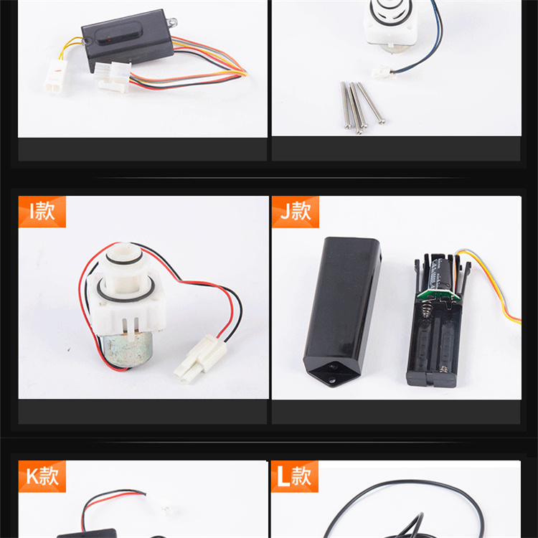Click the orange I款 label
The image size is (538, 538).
pos(42,212)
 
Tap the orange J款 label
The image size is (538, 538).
pos(296,212)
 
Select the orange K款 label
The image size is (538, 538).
pos(42,476)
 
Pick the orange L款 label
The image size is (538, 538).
pos(295,476)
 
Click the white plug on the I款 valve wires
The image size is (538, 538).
pos(201,359)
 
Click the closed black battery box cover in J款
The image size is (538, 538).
pos(341,311)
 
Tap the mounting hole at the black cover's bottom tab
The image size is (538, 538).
pos(332,380)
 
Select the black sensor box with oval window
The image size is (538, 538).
pos(128,39)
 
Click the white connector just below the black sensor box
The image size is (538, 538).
pos(112,77)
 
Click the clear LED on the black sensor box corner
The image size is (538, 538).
pos(171,23)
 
